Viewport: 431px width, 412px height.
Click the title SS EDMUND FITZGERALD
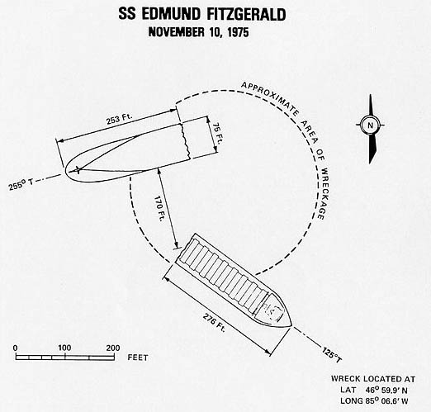click(202, 14)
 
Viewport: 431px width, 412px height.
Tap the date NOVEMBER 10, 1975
click(198, 32)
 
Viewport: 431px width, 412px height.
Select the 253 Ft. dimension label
click(119, 119)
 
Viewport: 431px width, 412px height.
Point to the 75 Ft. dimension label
click(217, 134)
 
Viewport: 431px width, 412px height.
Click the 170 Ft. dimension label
click(159, 209)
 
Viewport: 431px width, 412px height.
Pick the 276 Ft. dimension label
click(214, 323)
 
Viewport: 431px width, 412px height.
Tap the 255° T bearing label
click(21, 184)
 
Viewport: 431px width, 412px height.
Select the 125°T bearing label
click(332, 355)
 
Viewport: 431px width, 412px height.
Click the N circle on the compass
click(370, 125)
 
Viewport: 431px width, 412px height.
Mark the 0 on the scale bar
click(16, 348)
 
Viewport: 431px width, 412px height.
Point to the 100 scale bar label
click(64, 348)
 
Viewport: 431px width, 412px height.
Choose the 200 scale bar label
click(113, 348)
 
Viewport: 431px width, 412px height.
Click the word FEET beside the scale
click(138, 358)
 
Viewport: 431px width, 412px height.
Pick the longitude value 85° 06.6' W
click(386, 401)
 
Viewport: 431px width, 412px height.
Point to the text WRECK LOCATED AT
click(373, 379)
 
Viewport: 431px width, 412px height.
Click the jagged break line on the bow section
click(185, 141)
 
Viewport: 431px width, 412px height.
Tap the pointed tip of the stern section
click(291, 326)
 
